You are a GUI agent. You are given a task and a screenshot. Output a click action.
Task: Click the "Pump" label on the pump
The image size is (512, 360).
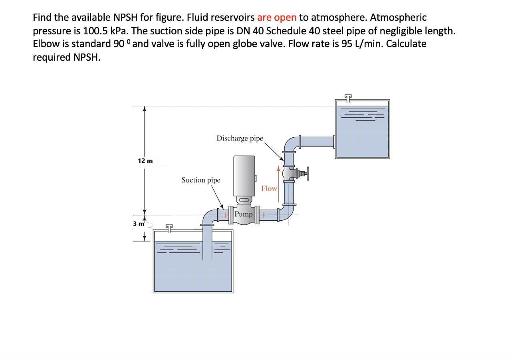tap(244, 214)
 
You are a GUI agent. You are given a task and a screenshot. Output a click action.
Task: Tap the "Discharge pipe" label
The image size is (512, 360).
tap(240, 138)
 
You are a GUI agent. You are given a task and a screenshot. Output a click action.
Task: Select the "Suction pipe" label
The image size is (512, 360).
tap(201, 180)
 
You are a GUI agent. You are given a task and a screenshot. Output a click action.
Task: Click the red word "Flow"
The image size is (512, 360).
tap(269, 188)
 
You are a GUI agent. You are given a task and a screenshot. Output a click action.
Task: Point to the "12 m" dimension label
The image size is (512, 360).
tap(145, 161)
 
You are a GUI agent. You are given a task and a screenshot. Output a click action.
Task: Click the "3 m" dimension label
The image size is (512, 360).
tap(139, 224)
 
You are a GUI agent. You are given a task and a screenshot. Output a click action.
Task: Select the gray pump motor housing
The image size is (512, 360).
tap(244, 175)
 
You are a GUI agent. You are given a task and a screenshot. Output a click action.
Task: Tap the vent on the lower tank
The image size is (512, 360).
tap(170, 228)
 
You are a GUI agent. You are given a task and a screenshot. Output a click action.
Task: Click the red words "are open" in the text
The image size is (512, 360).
tap(277, 18)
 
